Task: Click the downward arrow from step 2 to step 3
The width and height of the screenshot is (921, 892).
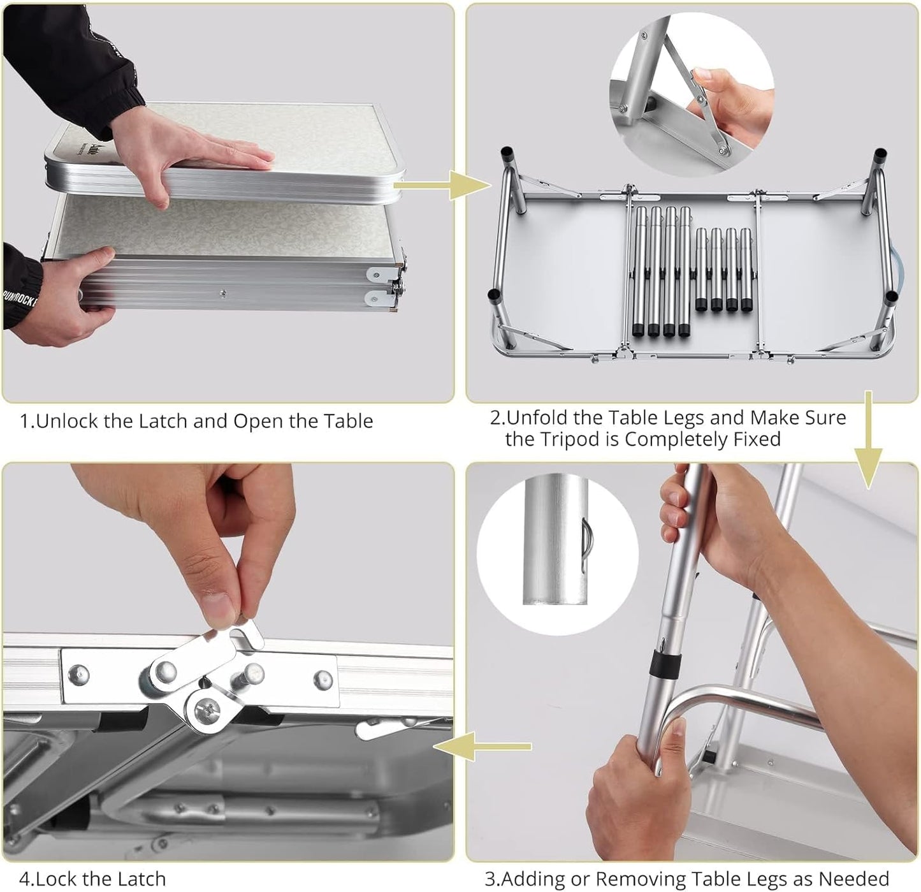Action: point(868,439)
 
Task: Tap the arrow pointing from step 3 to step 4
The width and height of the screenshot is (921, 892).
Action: point(482,747)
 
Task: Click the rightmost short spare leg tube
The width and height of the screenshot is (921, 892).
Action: point(746,270)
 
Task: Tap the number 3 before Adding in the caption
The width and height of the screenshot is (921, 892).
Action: point(490,879)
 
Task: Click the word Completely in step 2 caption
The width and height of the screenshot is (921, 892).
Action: point(676,440)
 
